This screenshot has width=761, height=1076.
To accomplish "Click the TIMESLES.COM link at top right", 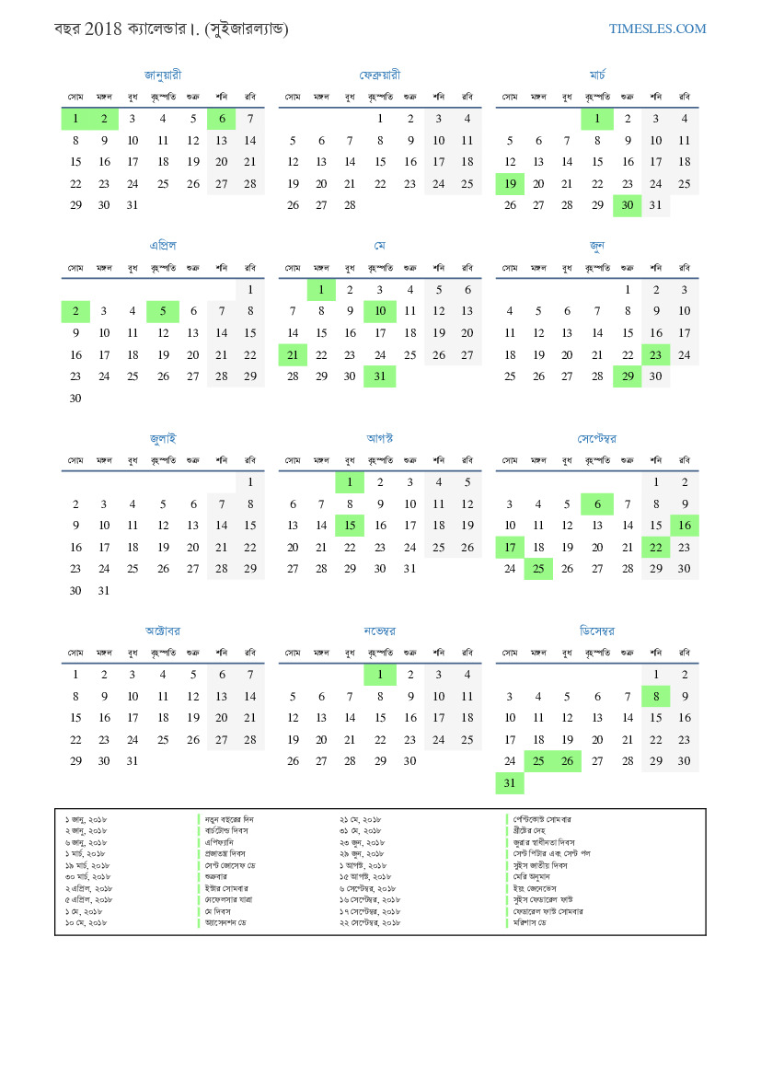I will point(657,29).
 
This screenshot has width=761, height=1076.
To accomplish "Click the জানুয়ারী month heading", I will point(163,75).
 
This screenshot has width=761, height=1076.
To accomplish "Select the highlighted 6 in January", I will point(222,119).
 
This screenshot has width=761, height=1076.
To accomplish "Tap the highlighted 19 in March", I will point(510,184).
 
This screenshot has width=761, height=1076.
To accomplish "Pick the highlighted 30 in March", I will point(627,206).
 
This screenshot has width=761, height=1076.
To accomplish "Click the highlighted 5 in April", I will point(163,311).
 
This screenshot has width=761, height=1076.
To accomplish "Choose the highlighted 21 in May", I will point(293,355).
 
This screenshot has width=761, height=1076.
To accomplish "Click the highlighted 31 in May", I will point(379,376).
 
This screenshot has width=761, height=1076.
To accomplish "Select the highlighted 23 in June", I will point(655,355).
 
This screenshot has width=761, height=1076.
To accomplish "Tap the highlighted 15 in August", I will point(350,526).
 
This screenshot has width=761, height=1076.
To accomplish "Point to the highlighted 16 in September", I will point(684,526).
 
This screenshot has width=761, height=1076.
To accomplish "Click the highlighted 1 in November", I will point(379,675).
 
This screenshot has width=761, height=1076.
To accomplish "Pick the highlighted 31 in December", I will point(510,783).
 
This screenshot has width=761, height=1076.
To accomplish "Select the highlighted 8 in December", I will point(655,697).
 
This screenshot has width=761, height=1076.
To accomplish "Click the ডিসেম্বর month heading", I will point(597,631).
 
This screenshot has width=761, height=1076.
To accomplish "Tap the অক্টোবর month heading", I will point(163,631).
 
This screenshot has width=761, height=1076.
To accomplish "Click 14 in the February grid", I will point(350,162).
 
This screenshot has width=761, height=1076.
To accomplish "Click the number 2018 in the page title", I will point(103,29).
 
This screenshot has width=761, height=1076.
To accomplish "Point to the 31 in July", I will point(104,591).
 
